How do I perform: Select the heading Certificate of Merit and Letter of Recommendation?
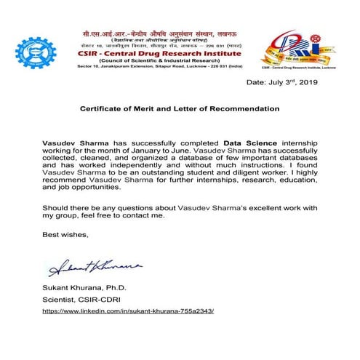[180, 108]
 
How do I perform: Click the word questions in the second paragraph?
[146, 208]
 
